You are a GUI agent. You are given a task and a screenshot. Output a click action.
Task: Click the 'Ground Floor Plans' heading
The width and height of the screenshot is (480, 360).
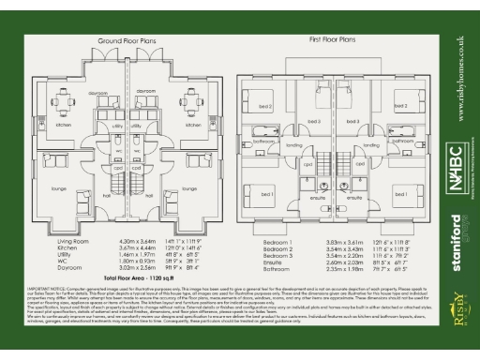click(127, 43)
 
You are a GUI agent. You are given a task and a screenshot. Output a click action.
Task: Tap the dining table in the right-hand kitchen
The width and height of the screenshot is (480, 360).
click(192, 100)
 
